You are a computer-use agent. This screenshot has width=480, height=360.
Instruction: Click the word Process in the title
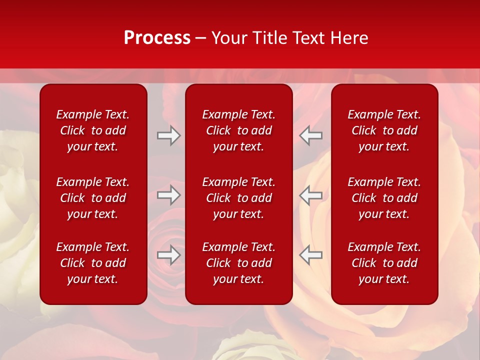[x=157, y=38]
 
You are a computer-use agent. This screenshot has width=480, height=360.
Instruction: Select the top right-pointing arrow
[x=169, y=135]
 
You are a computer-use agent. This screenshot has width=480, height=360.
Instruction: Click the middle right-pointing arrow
[x=169, y=195]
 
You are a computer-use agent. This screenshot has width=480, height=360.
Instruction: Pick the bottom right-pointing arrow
[x=169, y=255]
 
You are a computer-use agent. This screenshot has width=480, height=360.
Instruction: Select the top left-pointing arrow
[x=310, y=135]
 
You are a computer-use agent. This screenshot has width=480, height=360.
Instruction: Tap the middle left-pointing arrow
[x=310, y=195]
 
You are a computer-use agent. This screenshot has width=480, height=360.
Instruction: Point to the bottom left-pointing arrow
[x=310, y=255]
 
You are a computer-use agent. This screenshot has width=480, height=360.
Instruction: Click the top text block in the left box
[x=93, y=130]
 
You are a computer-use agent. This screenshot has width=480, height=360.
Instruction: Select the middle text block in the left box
[x=93, y=198]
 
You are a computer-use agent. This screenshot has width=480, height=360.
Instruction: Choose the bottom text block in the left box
[x=93, y=263]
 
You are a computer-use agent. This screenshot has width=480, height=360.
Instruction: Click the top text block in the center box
[x=238, y=130]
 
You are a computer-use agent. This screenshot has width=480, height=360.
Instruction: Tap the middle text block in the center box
[x=238, y=198]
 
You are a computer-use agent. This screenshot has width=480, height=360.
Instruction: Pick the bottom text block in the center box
[x=238, y=263]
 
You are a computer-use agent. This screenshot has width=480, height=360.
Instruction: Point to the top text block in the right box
[x=384, y=130]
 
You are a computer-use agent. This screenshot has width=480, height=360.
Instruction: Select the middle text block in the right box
[x=384, y=198]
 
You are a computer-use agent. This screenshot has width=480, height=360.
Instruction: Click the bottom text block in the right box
[x=384, y=263]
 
